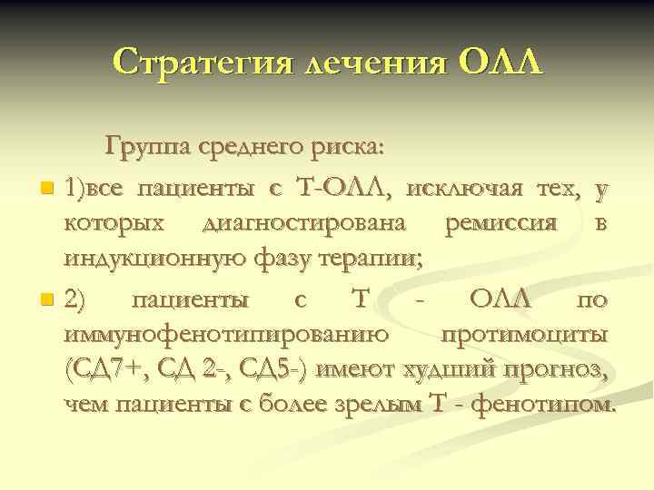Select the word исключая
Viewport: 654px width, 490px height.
tap(465, 188)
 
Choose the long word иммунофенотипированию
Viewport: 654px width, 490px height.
tap(229, 334)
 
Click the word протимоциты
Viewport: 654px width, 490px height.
tap(525, 334)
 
